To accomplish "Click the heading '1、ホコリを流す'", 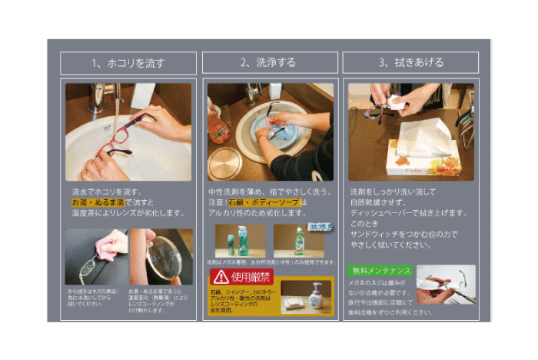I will coord(128,63).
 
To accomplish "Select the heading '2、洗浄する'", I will coord(270,63).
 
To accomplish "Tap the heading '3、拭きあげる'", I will coord(410,63).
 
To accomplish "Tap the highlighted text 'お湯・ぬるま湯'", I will coord(94,202).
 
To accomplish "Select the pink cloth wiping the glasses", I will coord(101,245).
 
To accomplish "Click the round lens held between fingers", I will coord(163,255).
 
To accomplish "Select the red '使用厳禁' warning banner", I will coord(241,276).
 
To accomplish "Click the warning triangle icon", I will coord(221,276).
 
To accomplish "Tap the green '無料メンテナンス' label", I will coord(380,271).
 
